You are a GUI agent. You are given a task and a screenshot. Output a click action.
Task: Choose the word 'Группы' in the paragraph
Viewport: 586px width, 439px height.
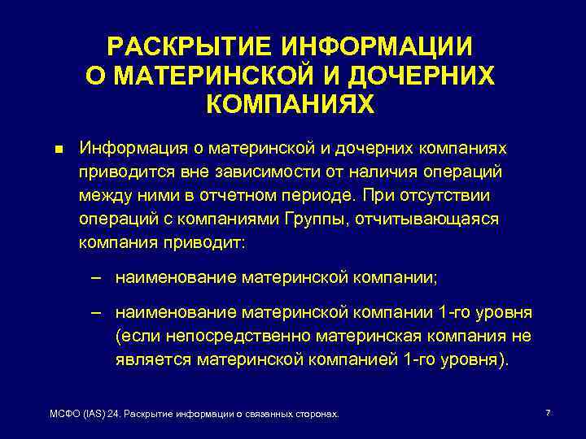[x=318, y=219]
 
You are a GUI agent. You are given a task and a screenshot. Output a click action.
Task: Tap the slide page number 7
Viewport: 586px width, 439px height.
[x=548, y=413]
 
